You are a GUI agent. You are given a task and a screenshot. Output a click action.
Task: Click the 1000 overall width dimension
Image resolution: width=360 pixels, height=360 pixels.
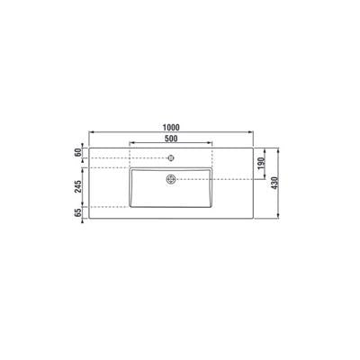click(171, 128)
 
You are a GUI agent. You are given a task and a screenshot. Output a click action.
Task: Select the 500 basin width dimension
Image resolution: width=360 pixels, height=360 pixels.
click(171, 139)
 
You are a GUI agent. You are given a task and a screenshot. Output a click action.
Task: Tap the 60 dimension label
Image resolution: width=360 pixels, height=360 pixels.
click(78, 152)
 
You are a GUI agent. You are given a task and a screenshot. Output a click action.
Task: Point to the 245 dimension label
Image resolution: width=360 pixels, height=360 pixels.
click(78, 186)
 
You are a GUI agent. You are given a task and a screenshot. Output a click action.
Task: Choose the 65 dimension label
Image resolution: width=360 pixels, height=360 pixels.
click(78, 212)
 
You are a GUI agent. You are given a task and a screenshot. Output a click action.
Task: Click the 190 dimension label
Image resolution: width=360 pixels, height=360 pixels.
click(261, 163)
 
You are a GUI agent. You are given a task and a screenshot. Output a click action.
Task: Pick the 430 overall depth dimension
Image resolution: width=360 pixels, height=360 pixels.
click(274, 183)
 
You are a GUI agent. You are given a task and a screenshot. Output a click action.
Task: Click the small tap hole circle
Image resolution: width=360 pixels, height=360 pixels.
click(171, 157)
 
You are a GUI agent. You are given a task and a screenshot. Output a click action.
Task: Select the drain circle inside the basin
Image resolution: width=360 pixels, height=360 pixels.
click(171, 179)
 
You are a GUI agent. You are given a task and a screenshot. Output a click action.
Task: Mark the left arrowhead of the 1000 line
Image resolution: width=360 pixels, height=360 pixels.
click(92, 132)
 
